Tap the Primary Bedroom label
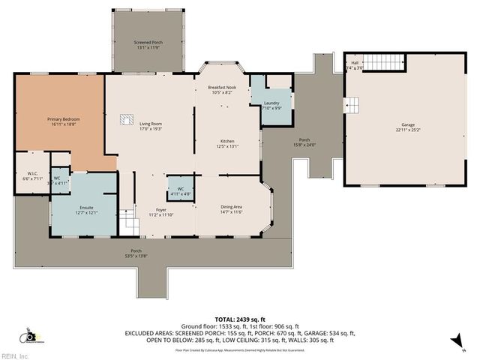tap(64, 122)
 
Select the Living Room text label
tap(151, 126)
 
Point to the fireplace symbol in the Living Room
tap(125, 118)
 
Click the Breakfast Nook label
tap(223, 90)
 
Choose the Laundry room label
tap(271, 105)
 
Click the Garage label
tap(408, 127)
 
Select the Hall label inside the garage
tap(355, 65)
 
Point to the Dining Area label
tap(231, 209)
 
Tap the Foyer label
tap(160, 212)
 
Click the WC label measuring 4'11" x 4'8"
tap(181, 191)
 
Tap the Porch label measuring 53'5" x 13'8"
tap(136, 253)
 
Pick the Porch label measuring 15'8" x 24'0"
tap(304, 142)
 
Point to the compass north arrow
tap(453, 341)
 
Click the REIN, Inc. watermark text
tap(14, 355)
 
